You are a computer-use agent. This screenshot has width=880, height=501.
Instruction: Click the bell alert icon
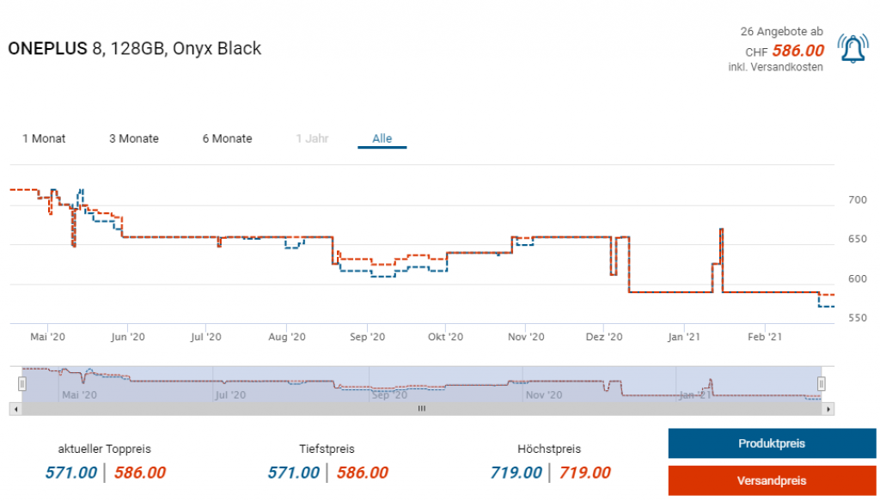[852, 50]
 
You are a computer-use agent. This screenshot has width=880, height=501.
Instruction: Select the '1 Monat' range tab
[44, 138]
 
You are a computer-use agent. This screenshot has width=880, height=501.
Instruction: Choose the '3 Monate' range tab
[134, 138]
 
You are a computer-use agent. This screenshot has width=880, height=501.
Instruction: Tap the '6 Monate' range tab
[227, 138]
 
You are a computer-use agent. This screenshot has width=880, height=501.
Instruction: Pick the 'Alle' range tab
[382, 138]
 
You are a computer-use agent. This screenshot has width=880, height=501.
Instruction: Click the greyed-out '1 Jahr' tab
[312, 138]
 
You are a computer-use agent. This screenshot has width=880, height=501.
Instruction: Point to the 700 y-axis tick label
[857, 200]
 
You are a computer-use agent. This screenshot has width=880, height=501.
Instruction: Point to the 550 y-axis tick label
[857, 318]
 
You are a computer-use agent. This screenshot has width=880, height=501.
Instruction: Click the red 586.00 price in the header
[797, 51]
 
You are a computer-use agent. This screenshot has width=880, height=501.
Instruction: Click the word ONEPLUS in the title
[47, 48]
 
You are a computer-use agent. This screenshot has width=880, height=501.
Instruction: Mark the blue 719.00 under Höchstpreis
[516, 473]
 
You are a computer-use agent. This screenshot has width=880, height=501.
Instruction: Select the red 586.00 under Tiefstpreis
[362, 473]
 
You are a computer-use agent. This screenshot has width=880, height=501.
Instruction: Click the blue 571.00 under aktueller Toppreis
[70, 473]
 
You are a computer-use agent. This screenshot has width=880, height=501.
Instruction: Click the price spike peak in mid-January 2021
[721, 229]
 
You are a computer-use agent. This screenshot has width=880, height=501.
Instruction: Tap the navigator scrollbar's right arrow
[828, 409]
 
